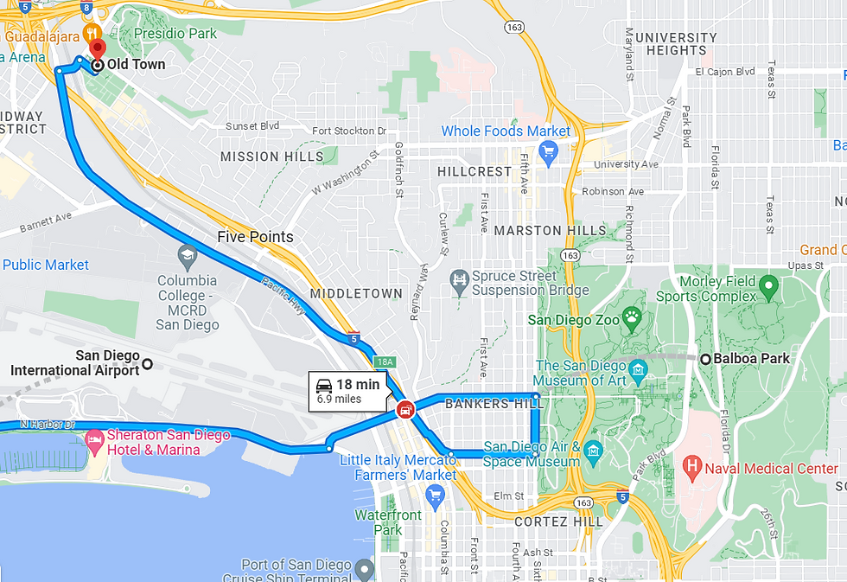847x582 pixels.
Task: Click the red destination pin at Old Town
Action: (97, 48)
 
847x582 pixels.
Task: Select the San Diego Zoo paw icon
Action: (634, 318)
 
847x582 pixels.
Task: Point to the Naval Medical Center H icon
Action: (691, 469)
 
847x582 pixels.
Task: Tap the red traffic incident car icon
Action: (403, 410)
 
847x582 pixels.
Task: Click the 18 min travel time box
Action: (347, 391)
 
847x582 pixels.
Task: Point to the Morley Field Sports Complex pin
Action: (768, 285)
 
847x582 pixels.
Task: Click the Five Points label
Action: (255, 237)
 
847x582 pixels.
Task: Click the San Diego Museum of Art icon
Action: (640, 370)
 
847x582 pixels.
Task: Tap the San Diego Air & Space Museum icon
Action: (593, 449)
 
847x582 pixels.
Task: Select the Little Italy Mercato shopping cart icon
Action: (435, 495)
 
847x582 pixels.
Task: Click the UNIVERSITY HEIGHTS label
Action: (676, 44)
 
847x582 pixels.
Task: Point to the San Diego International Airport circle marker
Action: (147, 364)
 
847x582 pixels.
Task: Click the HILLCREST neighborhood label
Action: (474, 171)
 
